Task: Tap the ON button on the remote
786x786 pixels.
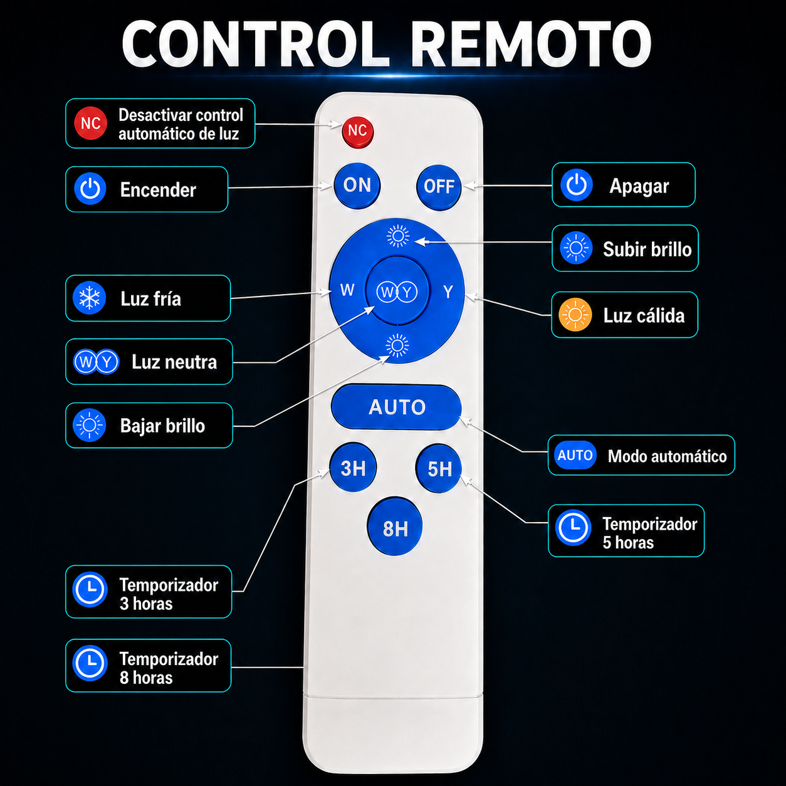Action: tap(357, 186)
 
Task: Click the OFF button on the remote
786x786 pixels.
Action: tap(439, 187)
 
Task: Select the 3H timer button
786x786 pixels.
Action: tap(353, 468)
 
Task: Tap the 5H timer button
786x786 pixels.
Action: tap(439, 468)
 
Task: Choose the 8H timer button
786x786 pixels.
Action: tap(395, 527)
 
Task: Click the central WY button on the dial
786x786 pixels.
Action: tap(397, 291)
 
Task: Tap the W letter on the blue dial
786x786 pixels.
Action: tap(347, 290)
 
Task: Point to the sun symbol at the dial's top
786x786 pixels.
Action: tap(398, 236)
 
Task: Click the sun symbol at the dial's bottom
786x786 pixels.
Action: tap(397, 345)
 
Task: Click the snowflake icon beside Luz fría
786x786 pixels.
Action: tap(90, 298)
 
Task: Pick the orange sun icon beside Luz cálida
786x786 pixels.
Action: tap(575, 315)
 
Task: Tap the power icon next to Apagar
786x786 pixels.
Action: tap(577, 185)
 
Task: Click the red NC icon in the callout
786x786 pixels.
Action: tap(90, 123)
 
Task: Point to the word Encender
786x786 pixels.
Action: tap(158, 190)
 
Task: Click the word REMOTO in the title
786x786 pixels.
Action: tap(530, 44)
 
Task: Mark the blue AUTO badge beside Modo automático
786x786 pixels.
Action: tap(575, 455)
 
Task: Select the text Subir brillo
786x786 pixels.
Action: tap(647, 249)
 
